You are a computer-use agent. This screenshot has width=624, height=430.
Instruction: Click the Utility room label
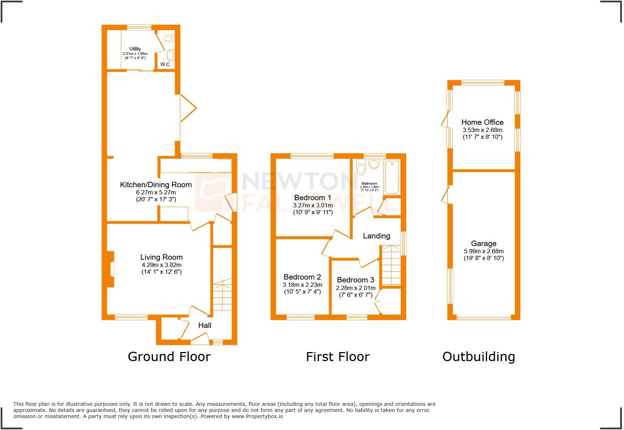point(135,49)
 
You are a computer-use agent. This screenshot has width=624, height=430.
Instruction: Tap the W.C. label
point(165,64)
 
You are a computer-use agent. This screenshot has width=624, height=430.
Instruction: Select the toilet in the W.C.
point(169,38)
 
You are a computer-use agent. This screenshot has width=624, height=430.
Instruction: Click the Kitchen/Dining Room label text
point(156,185)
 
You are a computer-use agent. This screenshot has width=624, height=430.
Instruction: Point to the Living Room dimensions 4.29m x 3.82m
point(161,265)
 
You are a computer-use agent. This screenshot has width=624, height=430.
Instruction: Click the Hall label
point(205,325)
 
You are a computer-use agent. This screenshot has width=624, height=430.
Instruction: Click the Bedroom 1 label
point(312,198)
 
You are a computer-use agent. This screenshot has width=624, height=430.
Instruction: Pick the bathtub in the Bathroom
point(392,177)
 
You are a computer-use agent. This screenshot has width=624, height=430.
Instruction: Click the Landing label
point(376,236)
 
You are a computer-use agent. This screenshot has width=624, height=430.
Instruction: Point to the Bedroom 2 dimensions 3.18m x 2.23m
point(302,285)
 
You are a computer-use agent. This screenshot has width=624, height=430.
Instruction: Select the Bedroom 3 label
point(355,280)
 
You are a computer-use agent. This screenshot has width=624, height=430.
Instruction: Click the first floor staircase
point(391,266)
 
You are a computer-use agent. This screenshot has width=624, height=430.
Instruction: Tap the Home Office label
point(482,122)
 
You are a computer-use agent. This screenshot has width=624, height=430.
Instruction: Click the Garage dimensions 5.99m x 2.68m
point(484,251)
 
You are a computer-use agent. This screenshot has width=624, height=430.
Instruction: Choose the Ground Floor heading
point(169,357)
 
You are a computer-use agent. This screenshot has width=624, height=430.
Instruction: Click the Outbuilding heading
point(478,357)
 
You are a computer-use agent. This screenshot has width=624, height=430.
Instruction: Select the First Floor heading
point(338,357)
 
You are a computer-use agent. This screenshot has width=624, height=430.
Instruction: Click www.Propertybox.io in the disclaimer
point(257,416)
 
